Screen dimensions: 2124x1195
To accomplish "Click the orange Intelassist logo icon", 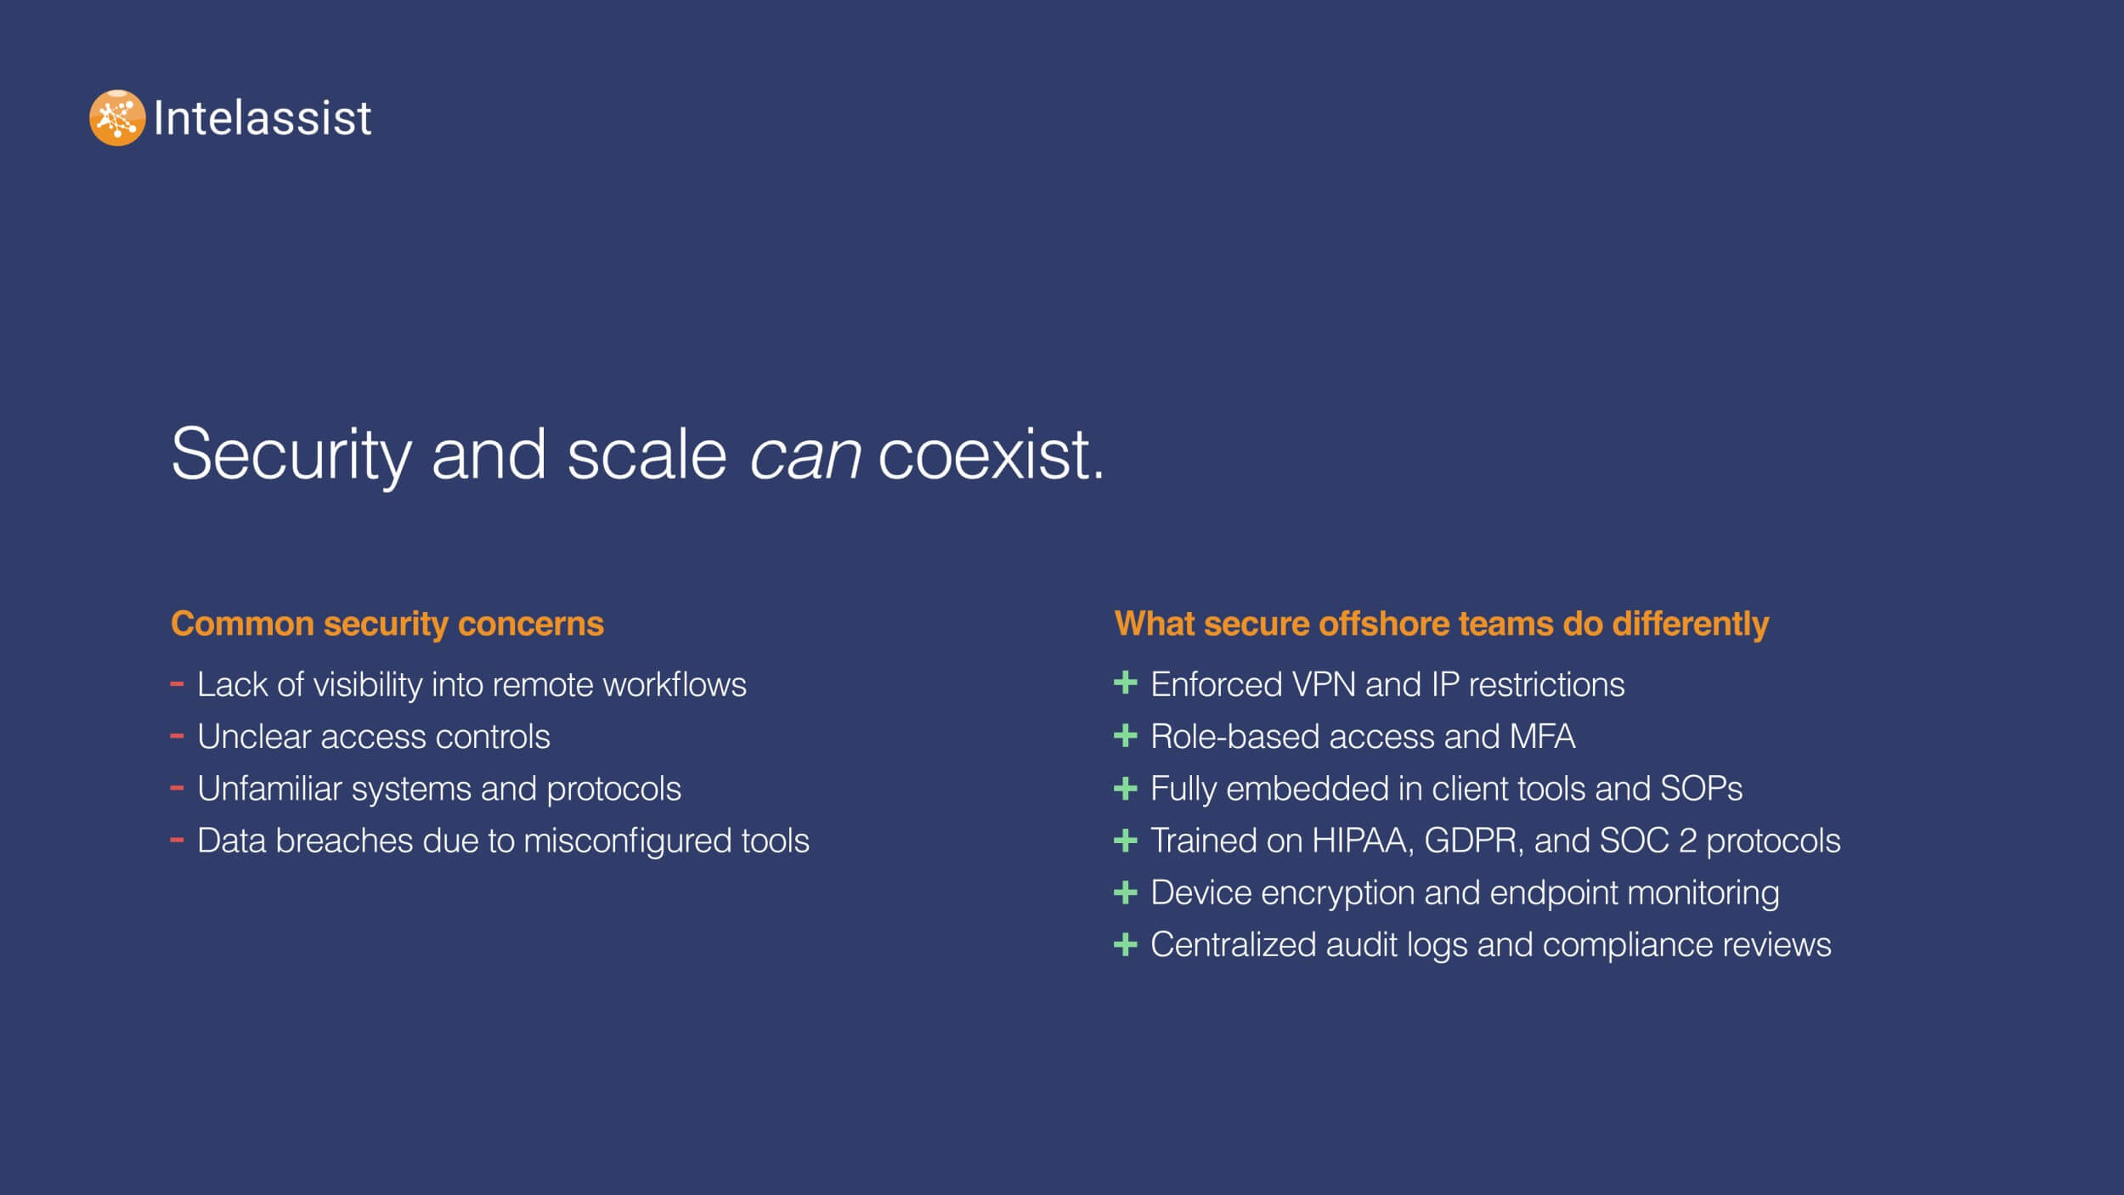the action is (117, 117).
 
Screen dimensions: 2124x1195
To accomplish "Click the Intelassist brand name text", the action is (263, 117).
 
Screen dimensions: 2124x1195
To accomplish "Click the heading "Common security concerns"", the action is (387, 624).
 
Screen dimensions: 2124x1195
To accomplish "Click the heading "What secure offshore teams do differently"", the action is (1441, 624).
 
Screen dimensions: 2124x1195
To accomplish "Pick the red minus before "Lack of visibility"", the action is (177, 683).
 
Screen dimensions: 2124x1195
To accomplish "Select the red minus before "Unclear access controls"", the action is (177, 736).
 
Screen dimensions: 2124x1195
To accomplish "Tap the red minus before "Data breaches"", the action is (177, 840).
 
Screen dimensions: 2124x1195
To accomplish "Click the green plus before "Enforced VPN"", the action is (1125, 682).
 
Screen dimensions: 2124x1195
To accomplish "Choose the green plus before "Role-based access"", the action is (1125, 735).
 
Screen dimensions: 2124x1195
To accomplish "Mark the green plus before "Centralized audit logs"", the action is (1125, 943).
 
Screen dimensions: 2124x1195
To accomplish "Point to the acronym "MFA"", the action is (1542, 736).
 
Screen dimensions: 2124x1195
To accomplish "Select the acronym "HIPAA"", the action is (1363, 841).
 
